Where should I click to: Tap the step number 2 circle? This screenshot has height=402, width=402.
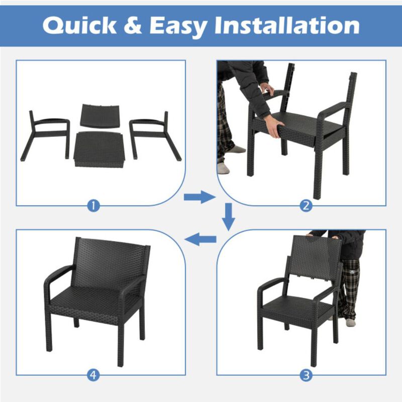point(307,205)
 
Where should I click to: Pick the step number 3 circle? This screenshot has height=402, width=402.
point(307,374)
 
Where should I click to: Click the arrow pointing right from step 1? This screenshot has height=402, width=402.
point(199,197)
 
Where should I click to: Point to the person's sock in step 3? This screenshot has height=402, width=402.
point(350,322)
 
